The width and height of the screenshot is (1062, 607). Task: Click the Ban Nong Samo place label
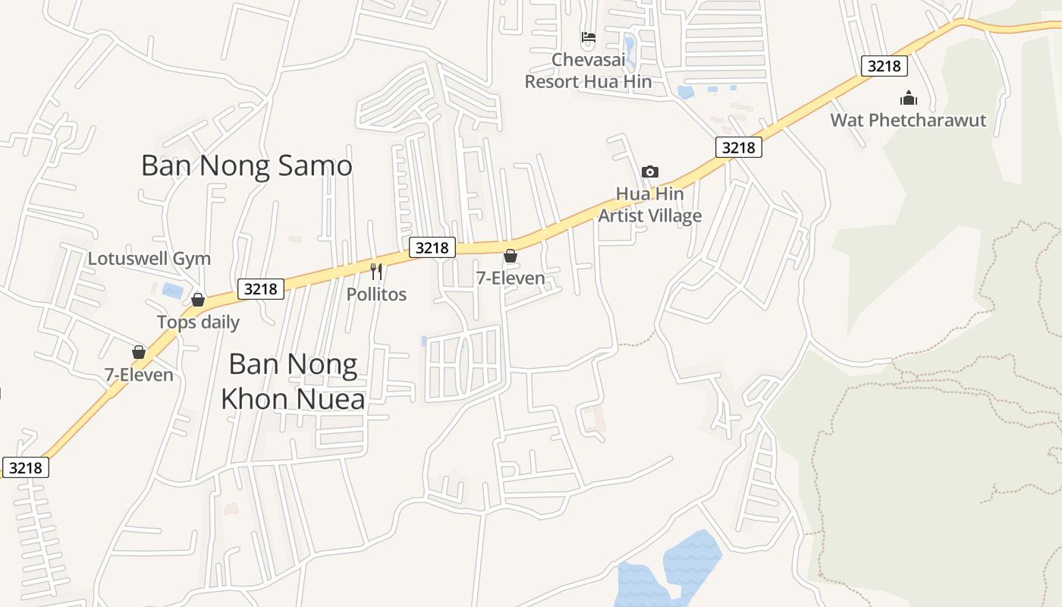pyautogui.click(x=247, y=165)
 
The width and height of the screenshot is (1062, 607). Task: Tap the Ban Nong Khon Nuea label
pyautogui.click(x=293, y=382)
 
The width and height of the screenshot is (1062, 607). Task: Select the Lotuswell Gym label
pyautogui.click(x=149, y=259)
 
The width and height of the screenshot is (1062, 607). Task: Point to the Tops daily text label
pyautogui.click(x=198, y=322)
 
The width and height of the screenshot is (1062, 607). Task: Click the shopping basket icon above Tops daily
pyautogui.click(x=198, y=300)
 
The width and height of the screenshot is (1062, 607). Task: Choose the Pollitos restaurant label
pyautogui.click(x=377, y=294)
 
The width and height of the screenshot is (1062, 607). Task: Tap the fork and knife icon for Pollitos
pyautogui.click(x=376, y=272)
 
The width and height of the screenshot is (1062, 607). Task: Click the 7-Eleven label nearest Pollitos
pyautogui.click(x=511, y=278)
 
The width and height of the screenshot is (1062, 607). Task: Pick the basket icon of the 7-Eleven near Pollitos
pyautogui.click(x=511, y=256)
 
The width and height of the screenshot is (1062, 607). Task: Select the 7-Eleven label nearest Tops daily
pyautogui.click(x=139, y=375)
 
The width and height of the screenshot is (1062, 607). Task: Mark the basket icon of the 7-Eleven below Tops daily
pyautogui.click(x=139, y=352)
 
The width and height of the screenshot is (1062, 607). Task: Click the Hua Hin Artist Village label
pyautogui.click(x=650, y=205)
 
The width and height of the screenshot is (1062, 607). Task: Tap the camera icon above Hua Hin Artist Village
pyautogui.click(x=650, y=172)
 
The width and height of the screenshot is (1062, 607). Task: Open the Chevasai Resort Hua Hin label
pyautogui.click(x=588, y=71)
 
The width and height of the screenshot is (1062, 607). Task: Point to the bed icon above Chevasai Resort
pyautogui.click(x=588, y=37)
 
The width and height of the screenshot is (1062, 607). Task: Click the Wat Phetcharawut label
pyautogui.click(x=908, y=121)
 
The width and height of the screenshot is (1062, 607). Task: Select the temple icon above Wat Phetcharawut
pyautogui.click(x=908, y=98)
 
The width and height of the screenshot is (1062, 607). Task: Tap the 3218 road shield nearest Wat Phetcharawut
pyautogui.click(x=884, y=66)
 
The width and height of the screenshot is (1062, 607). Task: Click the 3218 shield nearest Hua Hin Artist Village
pyautogui.click(x=739, y=147)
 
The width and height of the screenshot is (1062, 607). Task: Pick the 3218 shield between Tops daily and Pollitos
pyautogui.click(x=261, y=289)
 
